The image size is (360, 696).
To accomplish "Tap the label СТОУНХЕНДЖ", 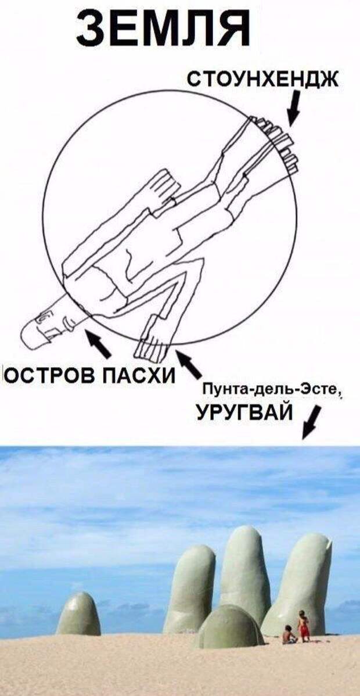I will point(262,78).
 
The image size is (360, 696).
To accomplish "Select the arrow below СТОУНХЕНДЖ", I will point(294,109).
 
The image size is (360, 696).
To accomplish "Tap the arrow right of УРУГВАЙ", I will point(311,424).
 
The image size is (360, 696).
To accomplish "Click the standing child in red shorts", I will point(303,625).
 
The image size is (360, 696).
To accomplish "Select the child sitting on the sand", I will point(289,634).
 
